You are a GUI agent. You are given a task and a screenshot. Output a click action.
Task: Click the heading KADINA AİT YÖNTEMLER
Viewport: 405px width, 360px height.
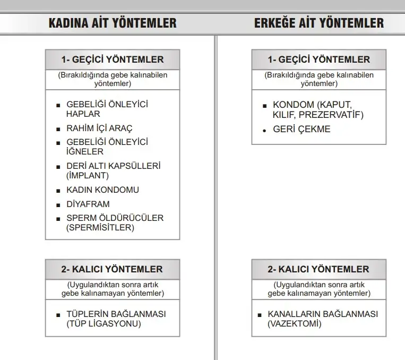113,23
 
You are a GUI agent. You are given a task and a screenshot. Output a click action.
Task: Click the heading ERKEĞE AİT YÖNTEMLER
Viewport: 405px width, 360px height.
318,23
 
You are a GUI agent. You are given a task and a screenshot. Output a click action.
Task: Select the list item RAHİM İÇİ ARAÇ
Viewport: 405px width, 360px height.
99,128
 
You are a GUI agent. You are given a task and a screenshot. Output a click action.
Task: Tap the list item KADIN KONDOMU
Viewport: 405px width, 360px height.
102,190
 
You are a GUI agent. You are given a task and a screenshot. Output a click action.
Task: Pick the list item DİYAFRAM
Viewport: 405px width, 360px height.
88,204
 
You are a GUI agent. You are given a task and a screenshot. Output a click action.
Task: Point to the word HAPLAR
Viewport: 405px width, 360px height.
83,114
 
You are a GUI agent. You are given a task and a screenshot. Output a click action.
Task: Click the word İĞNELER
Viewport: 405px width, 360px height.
85,152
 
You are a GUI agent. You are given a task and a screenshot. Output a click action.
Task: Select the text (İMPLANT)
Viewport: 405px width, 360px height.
88,175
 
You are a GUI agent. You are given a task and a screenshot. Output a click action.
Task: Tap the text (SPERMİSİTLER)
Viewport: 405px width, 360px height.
100,228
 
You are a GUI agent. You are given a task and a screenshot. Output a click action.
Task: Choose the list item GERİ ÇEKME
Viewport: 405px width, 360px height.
301,129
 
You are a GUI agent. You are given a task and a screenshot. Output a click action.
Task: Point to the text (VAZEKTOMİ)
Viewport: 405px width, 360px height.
295,323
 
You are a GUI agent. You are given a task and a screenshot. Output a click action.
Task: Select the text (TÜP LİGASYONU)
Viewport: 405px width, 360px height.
104,323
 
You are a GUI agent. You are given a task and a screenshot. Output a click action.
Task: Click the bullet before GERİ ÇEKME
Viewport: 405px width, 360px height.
264,130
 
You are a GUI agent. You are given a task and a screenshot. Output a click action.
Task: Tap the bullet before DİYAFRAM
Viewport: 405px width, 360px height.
58,204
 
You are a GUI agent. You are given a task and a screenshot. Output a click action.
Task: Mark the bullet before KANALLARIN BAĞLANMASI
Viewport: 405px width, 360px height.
260,314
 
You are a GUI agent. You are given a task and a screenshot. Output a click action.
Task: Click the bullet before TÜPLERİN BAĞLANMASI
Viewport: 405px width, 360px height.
58,314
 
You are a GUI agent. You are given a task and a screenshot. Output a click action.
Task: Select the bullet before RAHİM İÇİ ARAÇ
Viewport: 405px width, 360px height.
58,129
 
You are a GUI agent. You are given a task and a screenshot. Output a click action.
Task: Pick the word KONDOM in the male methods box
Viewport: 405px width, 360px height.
294,105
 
